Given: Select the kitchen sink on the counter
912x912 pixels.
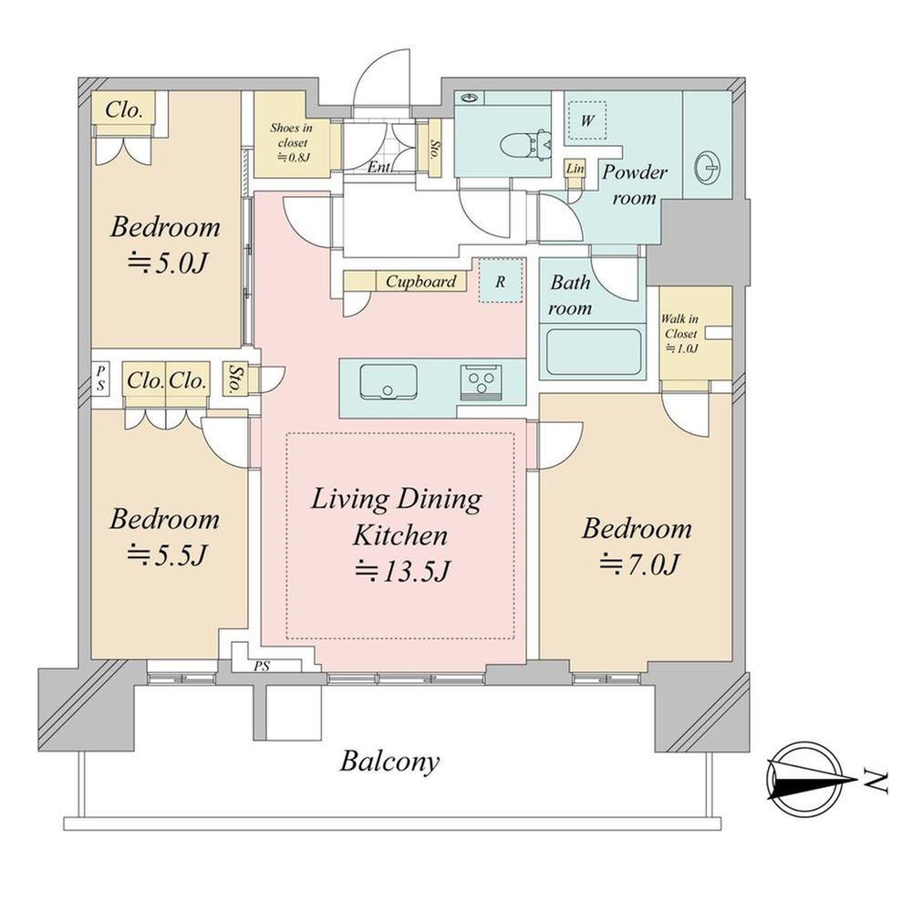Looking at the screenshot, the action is [388, 381].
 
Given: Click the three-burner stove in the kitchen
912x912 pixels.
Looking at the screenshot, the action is [481, 381].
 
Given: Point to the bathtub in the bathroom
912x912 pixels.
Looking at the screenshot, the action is [594, 352].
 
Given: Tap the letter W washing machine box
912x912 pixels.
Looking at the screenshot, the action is [587, 120].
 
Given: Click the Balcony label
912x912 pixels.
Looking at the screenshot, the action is [389, 762].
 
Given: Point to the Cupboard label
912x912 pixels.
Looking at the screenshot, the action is [420, 282].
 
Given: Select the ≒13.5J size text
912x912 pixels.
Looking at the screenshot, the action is [402, 571].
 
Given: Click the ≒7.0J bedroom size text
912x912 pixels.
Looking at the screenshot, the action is [638, 563].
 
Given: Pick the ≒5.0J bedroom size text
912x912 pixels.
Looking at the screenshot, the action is [167, 263].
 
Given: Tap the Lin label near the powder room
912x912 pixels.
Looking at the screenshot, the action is [575, 169].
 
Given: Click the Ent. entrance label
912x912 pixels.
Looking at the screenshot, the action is [379, 168].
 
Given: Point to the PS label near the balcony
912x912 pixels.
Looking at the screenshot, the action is [262, 666].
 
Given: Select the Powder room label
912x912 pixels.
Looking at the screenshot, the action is [635, 185].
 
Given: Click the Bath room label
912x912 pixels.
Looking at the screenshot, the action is [570, 295].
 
